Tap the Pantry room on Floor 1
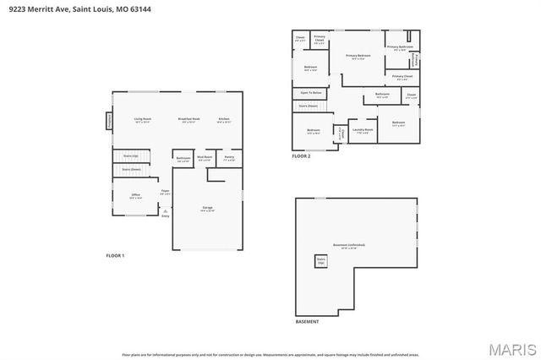[229, 158]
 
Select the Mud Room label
[205, 158]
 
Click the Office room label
[135, 196]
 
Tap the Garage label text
[207, 208]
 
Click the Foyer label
[166, 193]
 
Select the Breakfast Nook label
[189, 120]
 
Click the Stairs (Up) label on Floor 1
[131, 156]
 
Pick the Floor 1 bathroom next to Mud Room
[183, 159]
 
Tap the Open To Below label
[311, 92]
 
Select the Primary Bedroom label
[358, 57]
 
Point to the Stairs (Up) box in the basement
[321, 261]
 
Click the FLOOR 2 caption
[301, 156]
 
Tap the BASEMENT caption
[308, 322]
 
